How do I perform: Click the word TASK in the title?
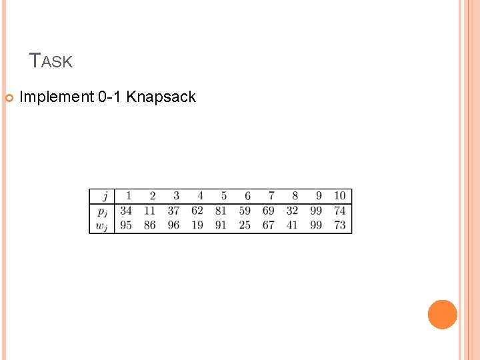pos(51,61)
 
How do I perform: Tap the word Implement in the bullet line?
pos(57,97)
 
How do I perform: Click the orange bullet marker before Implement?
pos(9,98)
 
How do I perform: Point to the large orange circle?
pos(443,315)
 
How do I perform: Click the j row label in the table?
pos(104,196)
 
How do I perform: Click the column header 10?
pos(340,196)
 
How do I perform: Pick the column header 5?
pos(224,196)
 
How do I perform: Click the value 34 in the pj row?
pos(126,211)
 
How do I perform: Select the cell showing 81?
pos(221,211)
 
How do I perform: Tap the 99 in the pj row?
pos(316,211)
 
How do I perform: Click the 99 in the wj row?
pos(316,225)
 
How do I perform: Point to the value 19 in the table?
pos(197,225)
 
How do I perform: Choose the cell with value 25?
pos(245,225)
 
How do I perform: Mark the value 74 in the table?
pos(340,211)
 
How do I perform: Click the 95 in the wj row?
pos(126,225)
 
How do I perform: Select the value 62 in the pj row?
pos(197,211)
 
